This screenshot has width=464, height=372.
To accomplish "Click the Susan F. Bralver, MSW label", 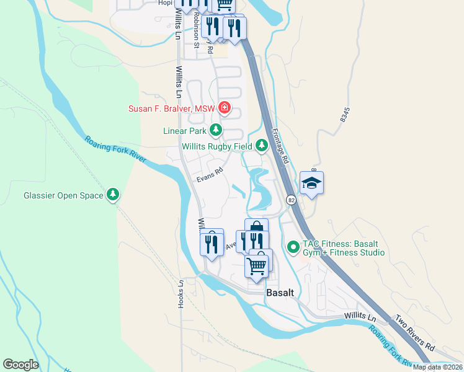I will [x=171, y=109].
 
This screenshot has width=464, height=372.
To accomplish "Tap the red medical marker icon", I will [x=225, y=110].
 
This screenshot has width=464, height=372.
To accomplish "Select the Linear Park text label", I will [x=184, y=131].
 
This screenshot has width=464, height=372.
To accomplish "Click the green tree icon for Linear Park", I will [x=215, y=130].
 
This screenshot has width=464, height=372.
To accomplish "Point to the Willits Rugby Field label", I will [x=216, y=146].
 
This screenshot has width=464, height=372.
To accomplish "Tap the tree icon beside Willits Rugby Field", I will [x=262, y=146].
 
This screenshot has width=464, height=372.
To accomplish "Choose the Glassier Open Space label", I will [x=63, y=195].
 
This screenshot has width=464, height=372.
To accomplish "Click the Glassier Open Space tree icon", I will [x=112, y=195].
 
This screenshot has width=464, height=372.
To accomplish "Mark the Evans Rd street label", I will [x=210, y=176].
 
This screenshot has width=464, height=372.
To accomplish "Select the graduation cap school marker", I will [x=311, y=182].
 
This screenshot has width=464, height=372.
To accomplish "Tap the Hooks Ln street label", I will [x=181, y=293].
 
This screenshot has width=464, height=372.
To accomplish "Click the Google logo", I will [x=20, y=365].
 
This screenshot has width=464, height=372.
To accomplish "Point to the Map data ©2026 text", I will [x=437, y=367].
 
